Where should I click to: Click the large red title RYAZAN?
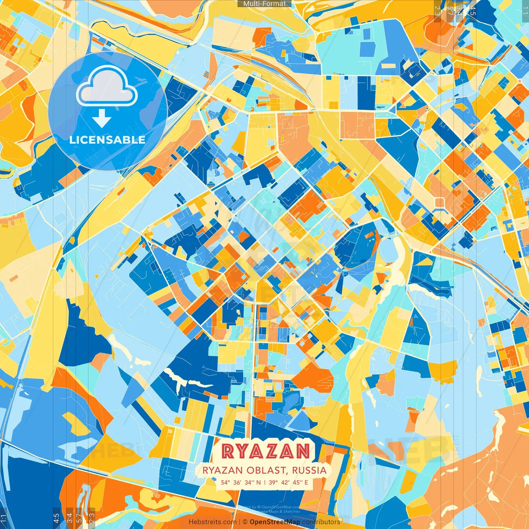[x=265, y=451]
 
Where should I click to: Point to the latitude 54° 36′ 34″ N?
[x=241, y=482]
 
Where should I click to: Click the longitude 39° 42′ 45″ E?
[x=288, y=482]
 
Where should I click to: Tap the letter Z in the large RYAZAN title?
[x=265, y=451]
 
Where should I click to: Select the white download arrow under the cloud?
[x=101, y=118]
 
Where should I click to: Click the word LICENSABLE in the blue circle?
[x=107, y=140]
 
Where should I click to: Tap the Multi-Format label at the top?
[x=264, y=4]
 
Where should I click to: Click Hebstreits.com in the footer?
[x=212, y=522]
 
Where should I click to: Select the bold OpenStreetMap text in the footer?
[x=275, y=522]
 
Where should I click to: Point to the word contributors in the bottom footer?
[x=321, y=522]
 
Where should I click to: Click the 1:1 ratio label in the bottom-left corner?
[x=4, y=518]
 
